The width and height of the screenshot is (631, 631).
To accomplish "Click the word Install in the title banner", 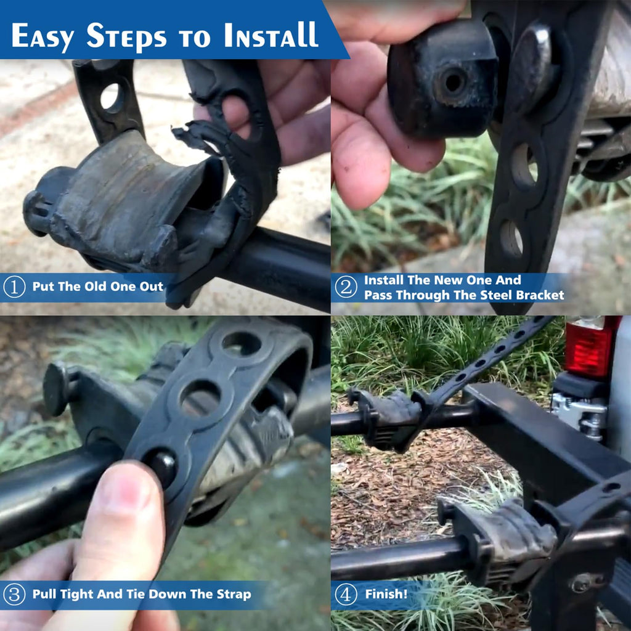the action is pyautogui.click(x=271, y=35).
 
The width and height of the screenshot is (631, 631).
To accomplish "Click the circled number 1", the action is pyautogui.click(x=14, y=287).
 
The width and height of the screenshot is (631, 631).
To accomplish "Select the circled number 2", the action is pyautogui.click(x=346, y=287).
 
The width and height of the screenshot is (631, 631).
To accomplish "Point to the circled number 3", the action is pyautogui.click(x=14, y=595).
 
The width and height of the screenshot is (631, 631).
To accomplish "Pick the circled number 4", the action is pyautogui.click(x=346, y=595).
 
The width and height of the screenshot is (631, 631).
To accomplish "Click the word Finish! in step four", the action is pyautogui.click(x=386, y=594).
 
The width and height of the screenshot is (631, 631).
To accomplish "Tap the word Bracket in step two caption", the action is pyautogui.click(x=540, y=295).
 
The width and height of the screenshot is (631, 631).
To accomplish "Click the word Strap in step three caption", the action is pyautogui.click(x=234, y=595).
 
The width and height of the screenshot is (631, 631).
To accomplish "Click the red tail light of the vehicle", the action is pyautogui.click(x=588, y=346).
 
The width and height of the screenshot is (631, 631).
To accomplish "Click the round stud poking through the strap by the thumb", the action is pyautogui.click(x=162, y=467).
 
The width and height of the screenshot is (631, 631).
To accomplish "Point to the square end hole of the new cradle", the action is pyautogui.click(x=453, y=83).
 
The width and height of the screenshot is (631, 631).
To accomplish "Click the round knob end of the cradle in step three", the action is pyautogui.click(x=56, y=389).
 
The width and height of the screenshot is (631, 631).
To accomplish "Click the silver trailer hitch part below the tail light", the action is pyautogui.click(x=579, y=414).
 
